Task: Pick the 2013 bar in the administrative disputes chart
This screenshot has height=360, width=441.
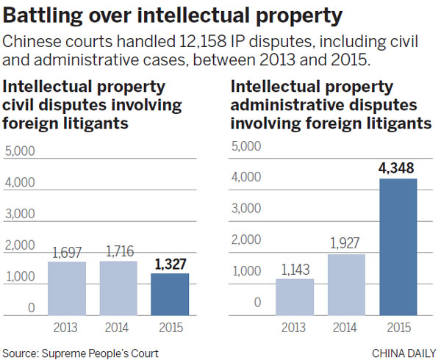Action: point(295,295)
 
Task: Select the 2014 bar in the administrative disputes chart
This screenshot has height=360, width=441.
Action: point(346,283)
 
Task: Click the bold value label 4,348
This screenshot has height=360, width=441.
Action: point(397,170)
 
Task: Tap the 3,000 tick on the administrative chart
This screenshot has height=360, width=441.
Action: point(246,208)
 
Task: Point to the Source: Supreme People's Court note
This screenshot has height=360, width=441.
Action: point(80,353)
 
